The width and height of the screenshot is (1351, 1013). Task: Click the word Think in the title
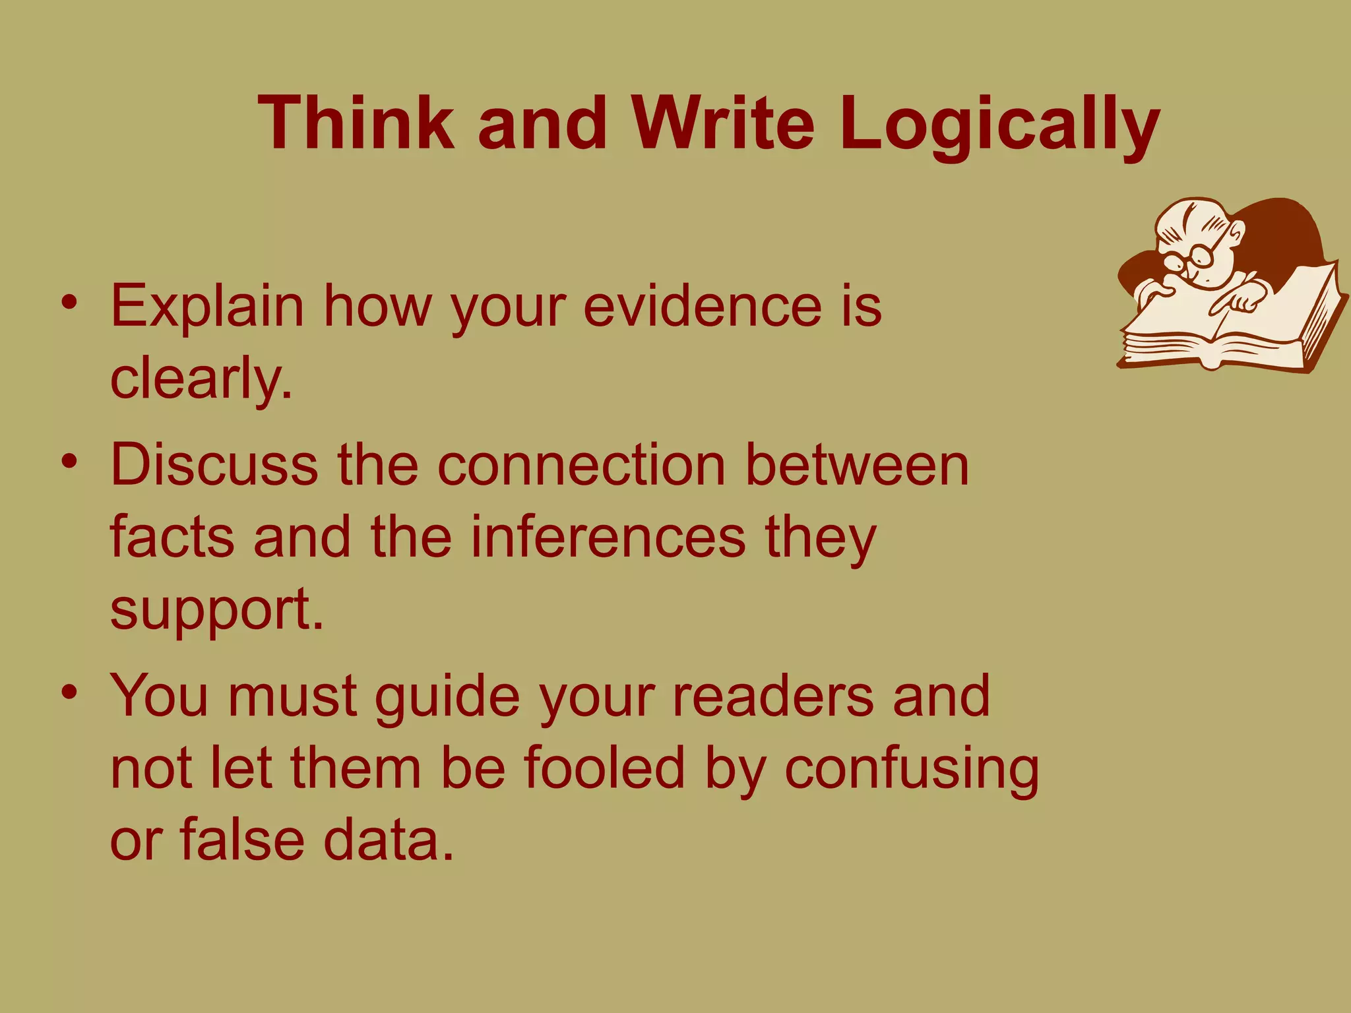(356, 123)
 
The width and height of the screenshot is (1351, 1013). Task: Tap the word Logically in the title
(999, 125)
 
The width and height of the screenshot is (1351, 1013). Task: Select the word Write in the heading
(722, 123)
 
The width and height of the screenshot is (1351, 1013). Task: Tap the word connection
(581, 465)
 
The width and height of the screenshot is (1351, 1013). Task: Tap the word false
(241, 840)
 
